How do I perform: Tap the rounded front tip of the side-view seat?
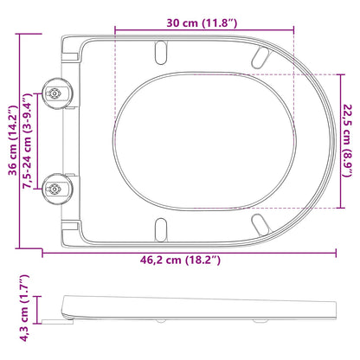(334, 307)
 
